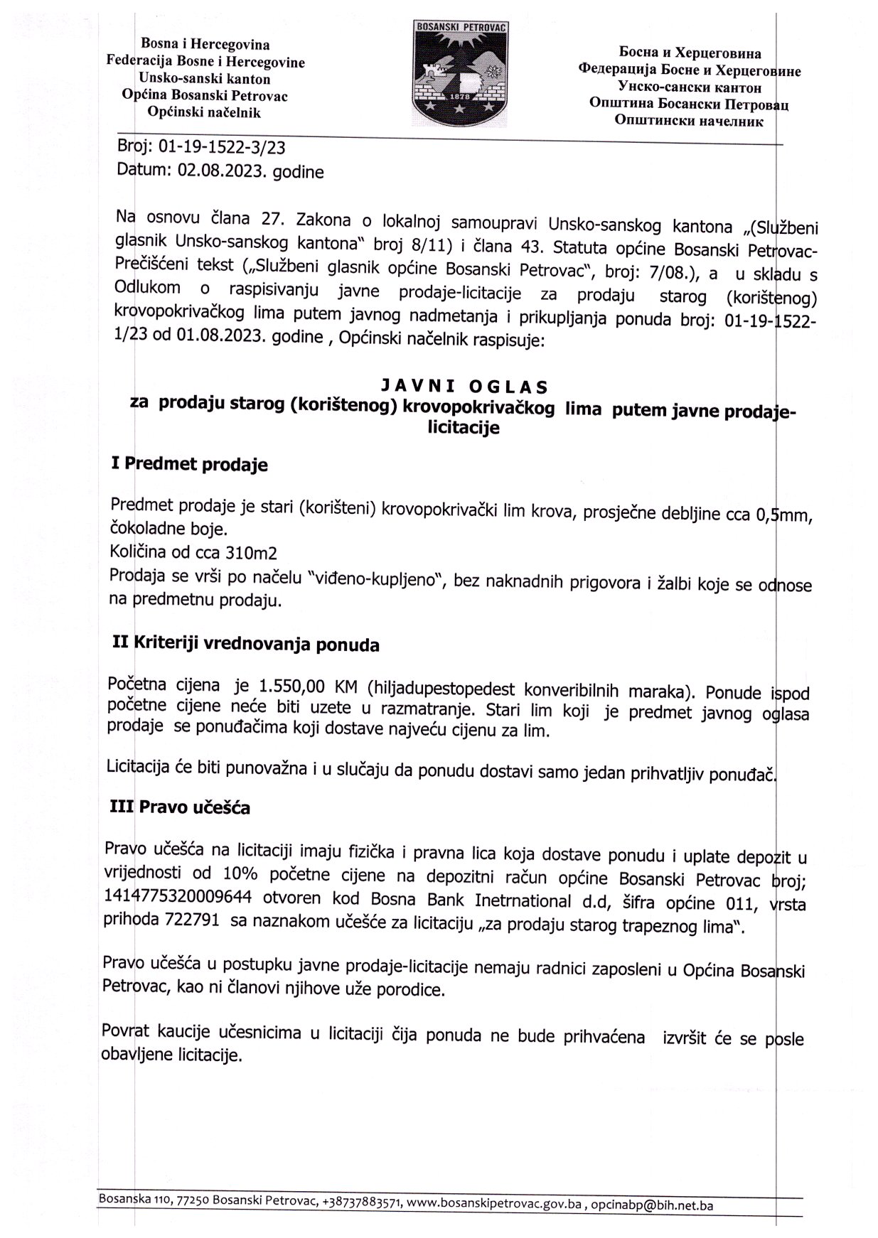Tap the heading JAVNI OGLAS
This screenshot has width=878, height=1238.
[x=464, y=387]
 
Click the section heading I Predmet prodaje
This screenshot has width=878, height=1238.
[x=190, y=465]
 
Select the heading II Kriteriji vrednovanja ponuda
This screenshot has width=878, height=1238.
[x=246, y=644]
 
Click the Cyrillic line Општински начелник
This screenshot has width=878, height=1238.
[x=688, y=122]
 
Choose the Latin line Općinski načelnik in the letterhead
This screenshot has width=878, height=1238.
[x=204, y=112]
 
